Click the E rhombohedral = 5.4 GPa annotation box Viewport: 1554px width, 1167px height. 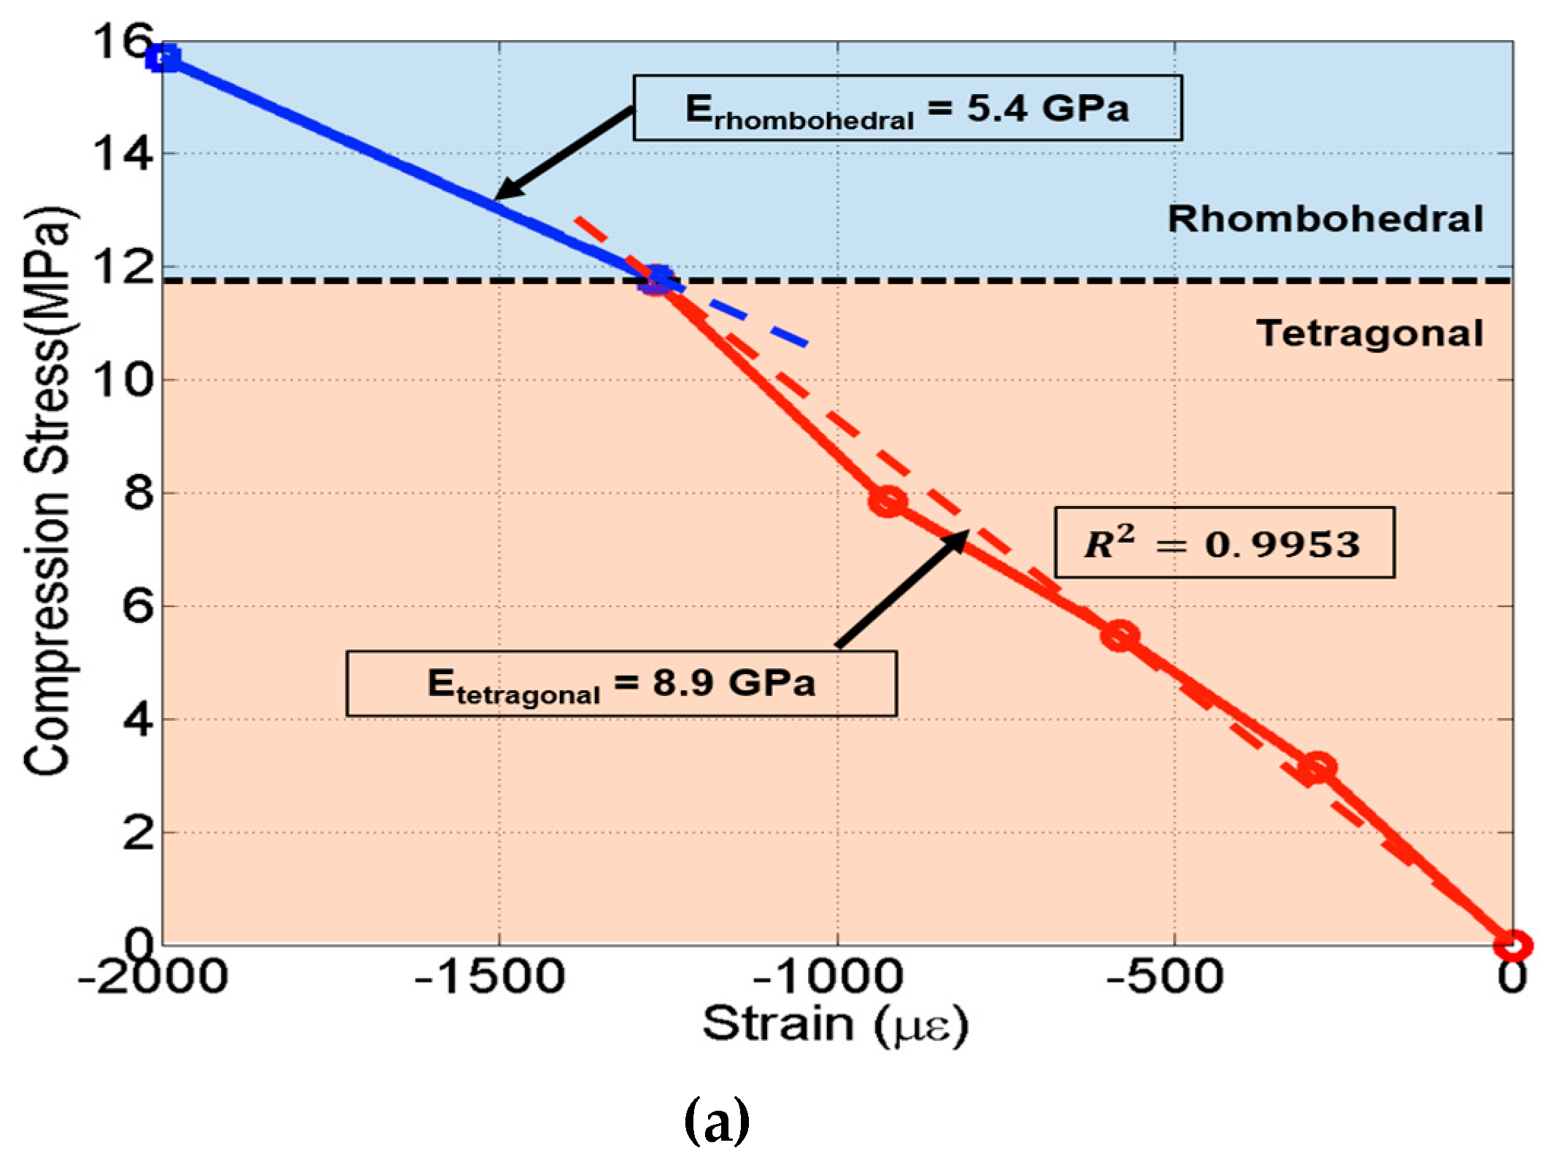[x=907, y=108]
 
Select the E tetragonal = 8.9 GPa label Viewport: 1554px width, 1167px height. [x=621, y=684]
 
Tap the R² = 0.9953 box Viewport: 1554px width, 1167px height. [x=1224, y=543]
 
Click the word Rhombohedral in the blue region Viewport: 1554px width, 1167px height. [x=1325, y=219]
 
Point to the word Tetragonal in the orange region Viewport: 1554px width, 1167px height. [x=1369, y=333]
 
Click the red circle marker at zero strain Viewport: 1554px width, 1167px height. [x=1512, y=945]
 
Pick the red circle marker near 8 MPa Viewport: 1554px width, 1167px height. [x=888, y=501]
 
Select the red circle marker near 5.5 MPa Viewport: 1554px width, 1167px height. [x=1120, y=635]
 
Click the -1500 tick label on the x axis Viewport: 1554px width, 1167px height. [x=489, y=977]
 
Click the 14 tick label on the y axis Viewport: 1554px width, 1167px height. [x=123, y=155]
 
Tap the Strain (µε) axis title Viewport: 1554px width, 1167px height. [x=835, y=1024]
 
